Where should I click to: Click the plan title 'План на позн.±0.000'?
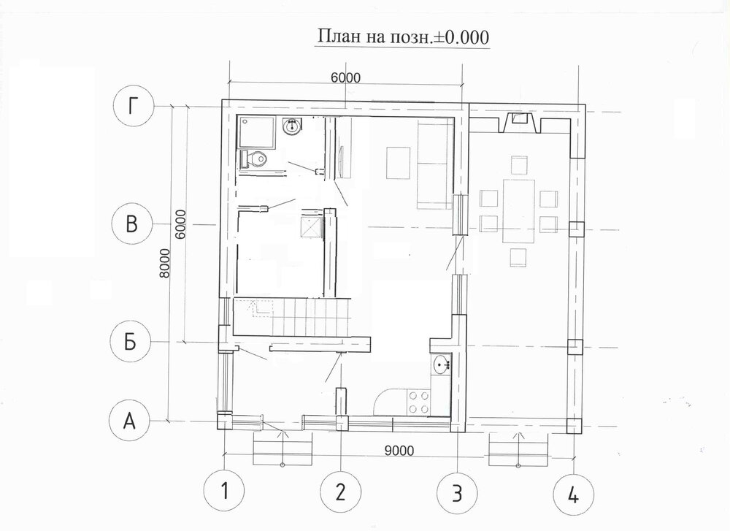403,37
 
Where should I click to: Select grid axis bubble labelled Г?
134,106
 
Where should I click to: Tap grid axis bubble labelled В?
132,224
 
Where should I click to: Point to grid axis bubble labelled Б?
131,342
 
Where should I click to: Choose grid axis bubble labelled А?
129,421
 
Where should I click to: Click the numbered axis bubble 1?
224,491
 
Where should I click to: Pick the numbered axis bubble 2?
341,491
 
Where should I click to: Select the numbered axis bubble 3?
457,492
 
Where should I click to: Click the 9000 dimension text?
399,451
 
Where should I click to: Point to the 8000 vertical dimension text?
165,263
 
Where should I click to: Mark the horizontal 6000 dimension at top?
346,77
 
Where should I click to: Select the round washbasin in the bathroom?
293,126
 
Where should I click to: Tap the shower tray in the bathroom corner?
256,133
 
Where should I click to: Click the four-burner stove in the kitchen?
418,402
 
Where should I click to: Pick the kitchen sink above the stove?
441,364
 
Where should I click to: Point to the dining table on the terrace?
518,211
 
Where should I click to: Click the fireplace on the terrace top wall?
520,122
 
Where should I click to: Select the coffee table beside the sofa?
398,163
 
